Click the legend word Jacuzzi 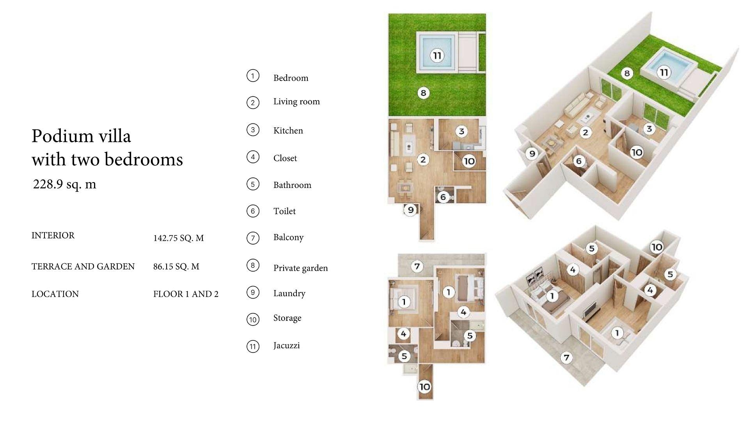pos(286,345)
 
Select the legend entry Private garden pos(300,268)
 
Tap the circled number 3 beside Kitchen pos(253,130)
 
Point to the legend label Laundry pos(289,293)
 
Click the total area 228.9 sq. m pos(64,184)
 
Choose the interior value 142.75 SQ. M pos(178,238)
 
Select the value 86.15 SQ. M pos(176,266)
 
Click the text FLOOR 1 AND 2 pos(186,294)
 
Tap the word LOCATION pos(55,294)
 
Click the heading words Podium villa pos(81,136)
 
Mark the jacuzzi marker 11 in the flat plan pos(437,55)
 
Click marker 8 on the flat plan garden pos(423,93)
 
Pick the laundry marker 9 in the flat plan pos(410,210)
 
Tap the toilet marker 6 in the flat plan pos(443,197)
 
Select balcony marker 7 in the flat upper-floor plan pos(417,266)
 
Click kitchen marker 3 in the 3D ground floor pos(649,129)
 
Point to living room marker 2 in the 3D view pos(585,132)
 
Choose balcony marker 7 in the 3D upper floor pos(566,357)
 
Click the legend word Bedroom pos(291,78)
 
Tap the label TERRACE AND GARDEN pos(83,266)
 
